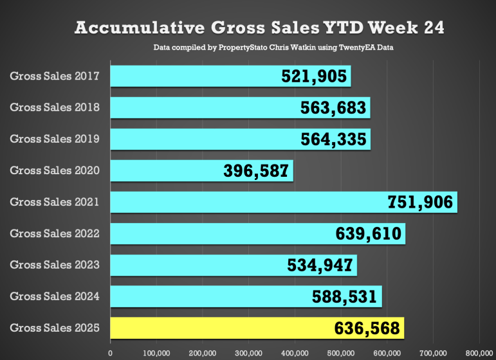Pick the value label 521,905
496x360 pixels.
(315, 76)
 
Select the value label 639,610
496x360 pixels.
(369, 233)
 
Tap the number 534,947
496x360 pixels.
(320, 265)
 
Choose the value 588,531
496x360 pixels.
(345, 296)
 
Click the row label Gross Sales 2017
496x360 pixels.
(55, 76)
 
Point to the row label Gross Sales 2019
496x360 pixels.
(55, 139)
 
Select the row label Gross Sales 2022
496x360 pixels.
(55, 233)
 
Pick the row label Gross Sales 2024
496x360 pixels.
(55, 296)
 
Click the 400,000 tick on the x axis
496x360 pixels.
(295, 353)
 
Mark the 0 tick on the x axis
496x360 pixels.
(111, 353)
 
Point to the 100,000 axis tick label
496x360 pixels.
(156, 353)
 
